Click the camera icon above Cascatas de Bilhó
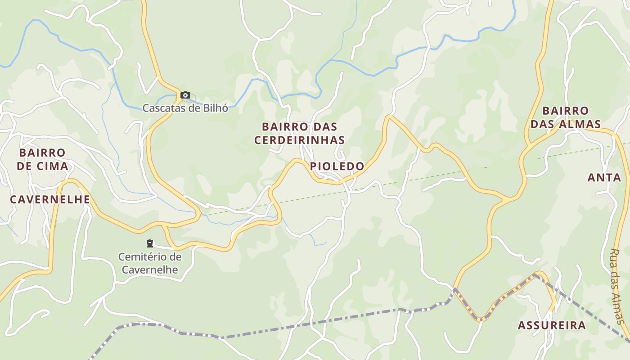click(185, 95)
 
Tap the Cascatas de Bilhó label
click(185, 108)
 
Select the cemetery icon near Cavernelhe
click(150, 243)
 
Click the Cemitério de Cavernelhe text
click(150, 263)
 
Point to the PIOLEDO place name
click(337, 166)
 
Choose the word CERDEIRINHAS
click(299, 140)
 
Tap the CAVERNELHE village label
click(50, 200)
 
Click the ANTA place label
click(604, 178)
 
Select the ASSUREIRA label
click(552, 325)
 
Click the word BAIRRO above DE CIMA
click(42, 153)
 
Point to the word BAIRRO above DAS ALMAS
click(565, 111)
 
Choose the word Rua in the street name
click(615, 257)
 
